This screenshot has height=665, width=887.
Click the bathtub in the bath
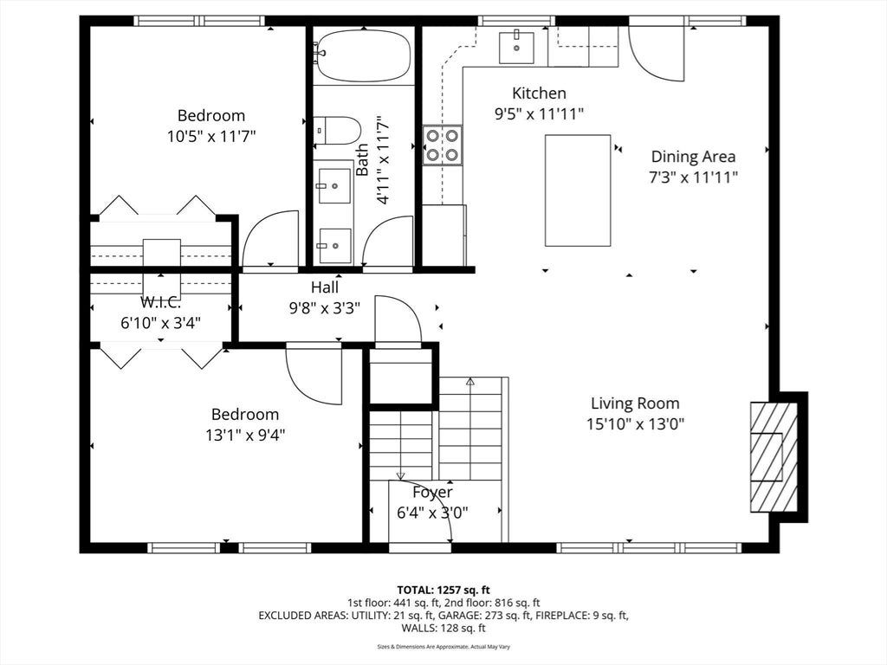coord(363,55)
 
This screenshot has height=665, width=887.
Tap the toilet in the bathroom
coord(337,131)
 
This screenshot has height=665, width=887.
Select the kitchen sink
coord(516,48)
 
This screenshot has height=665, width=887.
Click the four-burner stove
coord(443,145)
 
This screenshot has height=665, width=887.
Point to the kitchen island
coord(578,190)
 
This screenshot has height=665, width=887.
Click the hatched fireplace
coord(774,456)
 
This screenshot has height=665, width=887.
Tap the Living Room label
coord(635,404)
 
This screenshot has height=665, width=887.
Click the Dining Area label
coord(693,157)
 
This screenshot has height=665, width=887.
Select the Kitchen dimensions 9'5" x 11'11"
coord(539,114)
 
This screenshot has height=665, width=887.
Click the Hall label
coord(325,287)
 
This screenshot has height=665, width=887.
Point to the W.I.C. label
coord(160,302)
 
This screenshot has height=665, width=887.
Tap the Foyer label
coord(432,493)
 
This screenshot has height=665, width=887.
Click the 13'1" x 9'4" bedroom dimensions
coord(245,435)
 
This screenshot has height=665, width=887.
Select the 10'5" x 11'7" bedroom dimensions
coord(211,136)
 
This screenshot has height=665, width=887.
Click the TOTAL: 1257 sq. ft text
coord(443,591)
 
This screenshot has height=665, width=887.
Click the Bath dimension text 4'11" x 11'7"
coord(383,159)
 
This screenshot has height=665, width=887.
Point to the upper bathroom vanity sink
coord(333,185)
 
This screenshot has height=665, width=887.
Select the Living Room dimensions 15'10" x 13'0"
coord(635,424)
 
